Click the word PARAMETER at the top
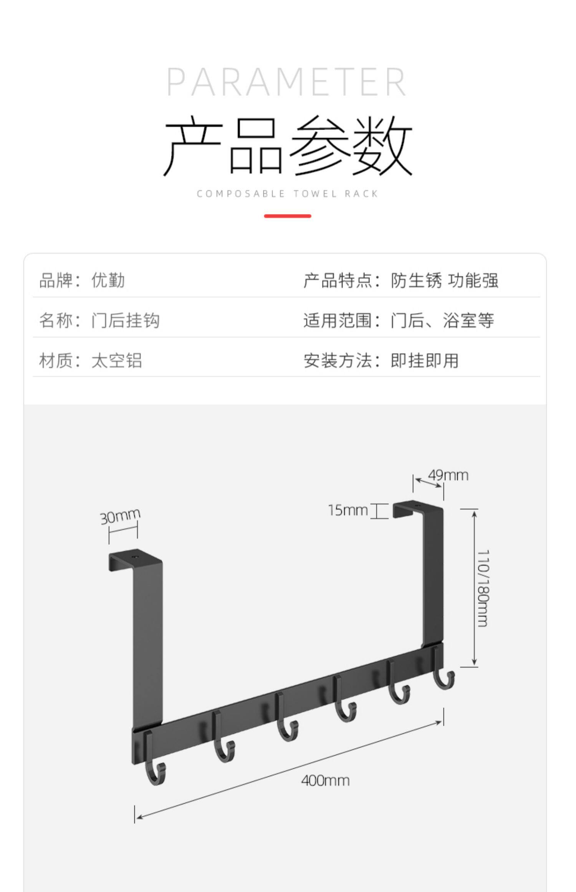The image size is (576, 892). click(286, 82)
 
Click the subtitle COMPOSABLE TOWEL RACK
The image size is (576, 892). click(287, 194)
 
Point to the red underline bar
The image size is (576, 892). click(287, 216)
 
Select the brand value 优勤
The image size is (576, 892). click(108, 280)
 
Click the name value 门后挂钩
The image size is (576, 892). click(125, 320)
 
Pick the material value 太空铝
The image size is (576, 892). click(116, 360)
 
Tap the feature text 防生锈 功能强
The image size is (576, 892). click(444, 280)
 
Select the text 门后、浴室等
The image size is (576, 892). click(442, 320)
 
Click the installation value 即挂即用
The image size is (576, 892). click(424, 360)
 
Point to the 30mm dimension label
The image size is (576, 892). click(120, 516)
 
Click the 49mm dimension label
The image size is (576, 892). click(448, 475)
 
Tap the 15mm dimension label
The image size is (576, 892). click(348, 510)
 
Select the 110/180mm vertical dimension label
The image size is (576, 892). click(483, 588)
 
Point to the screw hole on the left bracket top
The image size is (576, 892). click(134, 557)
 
